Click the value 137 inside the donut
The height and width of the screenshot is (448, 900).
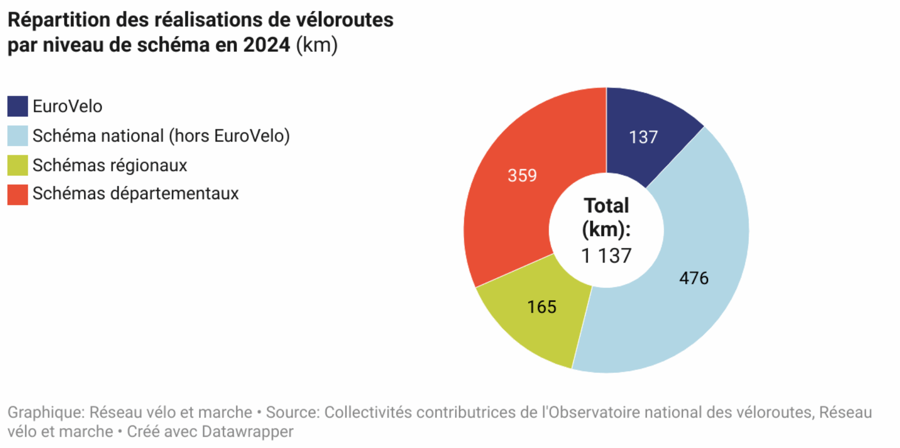click(x=643, y=137)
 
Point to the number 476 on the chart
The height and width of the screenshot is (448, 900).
click(x=693, y=278)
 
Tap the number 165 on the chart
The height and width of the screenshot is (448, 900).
click(x=541, y=307)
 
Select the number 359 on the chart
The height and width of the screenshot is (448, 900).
click(x=522, y=176)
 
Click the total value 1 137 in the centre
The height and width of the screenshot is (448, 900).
click(x=606, y=256)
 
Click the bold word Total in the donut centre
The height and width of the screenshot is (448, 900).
click(x=606, y=206)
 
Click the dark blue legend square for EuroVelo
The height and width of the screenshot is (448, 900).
click(x=17, y=106)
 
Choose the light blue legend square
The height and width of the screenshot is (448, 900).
click(x=17, y=136)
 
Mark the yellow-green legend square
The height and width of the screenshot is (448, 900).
click(x=17, y=165)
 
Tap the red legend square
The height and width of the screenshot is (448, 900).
click(x=17, y=194)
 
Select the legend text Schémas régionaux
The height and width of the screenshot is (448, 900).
click(x=109, y=165)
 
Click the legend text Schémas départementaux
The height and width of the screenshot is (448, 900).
click(x=136, y=193)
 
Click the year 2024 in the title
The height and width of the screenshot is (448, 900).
click(x=267, y=45)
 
